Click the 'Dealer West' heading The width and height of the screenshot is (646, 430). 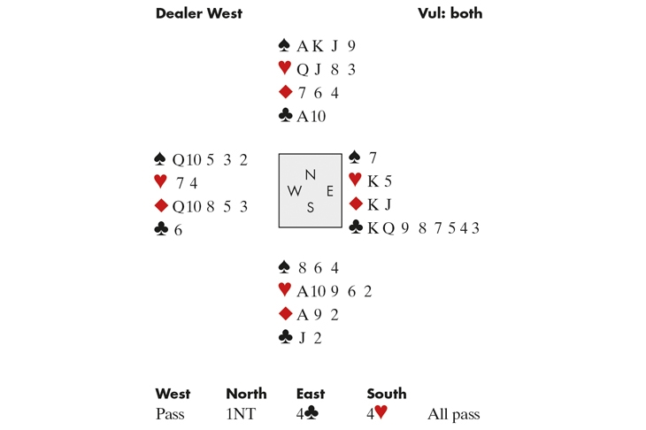click(199, 13)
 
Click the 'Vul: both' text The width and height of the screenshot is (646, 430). click(450, 13)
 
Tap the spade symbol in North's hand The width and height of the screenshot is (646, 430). click(284, 45)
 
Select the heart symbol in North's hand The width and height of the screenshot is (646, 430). click(285, 67)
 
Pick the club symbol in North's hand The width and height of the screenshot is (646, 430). click(285, 115)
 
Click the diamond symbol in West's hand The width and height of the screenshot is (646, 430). click(161, 205)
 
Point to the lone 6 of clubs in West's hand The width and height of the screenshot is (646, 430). click(178, 230)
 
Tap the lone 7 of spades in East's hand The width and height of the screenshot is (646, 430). click(373, 157)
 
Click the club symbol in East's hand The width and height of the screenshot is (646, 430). click(356, 227)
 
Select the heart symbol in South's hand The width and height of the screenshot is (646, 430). click(285, 289)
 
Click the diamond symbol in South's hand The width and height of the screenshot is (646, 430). click(285, 314)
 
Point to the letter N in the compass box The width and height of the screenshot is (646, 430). click(311, 175)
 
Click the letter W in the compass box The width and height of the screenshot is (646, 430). click(294, 191)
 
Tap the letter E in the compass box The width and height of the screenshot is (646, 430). click(329, 191)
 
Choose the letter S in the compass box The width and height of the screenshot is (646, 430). click(311, 207)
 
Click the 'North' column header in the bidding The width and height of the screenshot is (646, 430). click(246, 394)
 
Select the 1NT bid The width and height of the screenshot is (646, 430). click(241, 414)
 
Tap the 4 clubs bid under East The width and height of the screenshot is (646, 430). click(307, 413)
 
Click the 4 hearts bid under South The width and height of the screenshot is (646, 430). click(377, 412)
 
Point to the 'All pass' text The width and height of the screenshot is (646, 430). click(454, 414)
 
